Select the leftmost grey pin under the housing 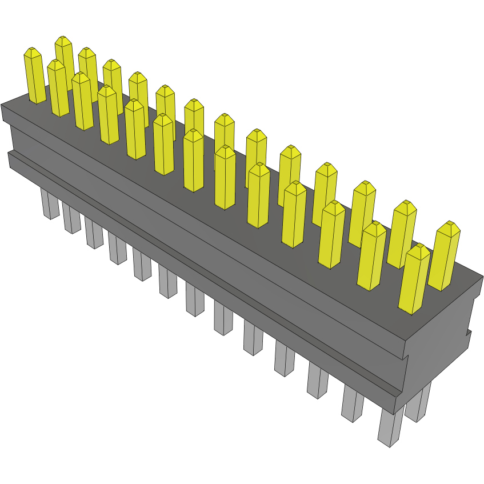click(50, 205)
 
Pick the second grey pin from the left click(71, 219)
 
